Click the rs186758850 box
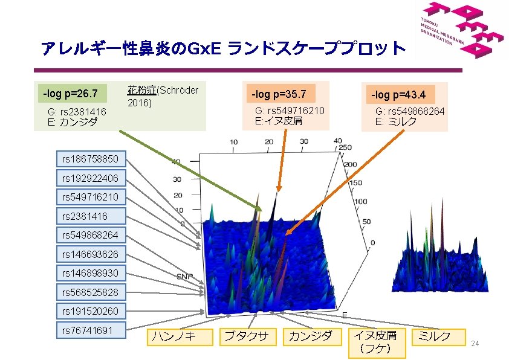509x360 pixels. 91,159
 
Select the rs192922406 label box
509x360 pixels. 91,178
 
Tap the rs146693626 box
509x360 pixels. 91,254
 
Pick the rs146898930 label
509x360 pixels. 91,274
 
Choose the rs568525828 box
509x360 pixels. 91,293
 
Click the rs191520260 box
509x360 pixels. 91,312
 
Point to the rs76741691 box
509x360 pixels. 91,330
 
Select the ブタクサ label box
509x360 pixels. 247,336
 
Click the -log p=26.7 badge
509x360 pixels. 71,94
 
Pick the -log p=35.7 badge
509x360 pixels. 279,94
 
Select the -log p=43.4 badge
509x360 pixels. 398,95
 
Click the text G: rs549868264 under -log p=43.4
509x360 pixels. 410,112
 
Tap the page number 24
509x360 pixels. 475,344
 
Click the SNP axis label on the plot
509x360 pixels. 184,276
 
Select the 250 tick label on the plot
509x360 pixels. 345,148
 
